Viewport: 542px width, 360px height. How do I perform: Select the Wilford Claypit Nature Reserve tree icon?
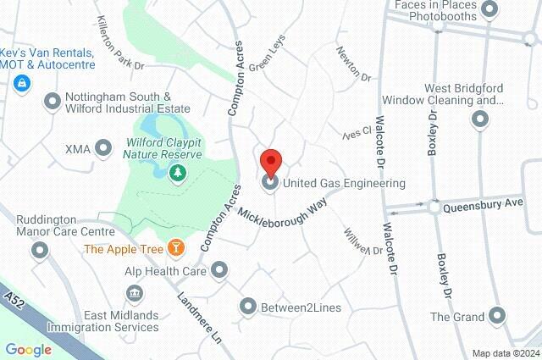point(178,174)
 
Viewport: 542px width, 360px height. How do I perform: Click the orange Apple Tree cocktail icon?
point(176,248)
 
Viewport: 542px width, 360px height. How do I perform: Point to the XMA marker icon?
point(103,149)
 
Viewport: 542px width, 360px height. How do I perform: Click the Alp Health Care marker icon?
point(220,271)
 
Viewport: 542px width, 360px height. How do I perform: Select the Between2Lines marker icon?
point(248,307)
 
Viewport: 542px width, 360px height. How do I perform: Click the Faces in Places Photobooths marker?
point(489,9)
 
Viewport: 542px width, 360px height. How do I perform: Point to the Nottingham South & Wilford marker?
point(53,102)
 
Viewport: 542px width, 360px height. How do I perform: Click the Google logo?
point(28,349)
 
